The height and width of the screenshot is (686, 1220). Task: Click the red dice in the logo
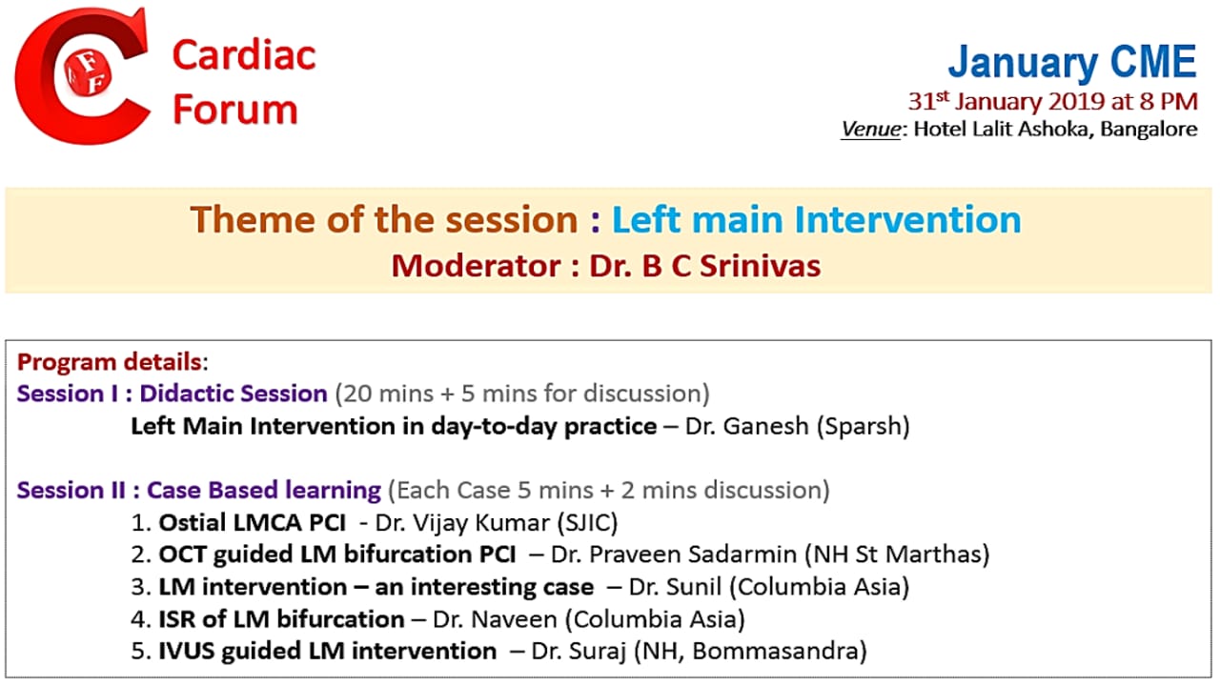(88, 74)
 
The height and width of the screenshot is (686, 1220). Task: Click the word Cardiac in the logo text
(244, 55)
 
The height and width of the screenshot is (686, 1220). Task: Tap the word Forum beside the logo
(235, 110)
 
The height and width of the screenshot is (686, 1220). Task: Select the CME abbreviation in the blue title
(1153, 61)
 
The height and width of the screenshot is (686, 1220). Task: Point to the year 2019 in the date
(1078, 102)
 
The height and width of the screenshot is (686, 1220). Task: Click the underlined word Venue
(870, 129)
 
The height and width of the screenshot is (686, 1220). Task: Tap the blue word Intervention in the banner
(907, 219)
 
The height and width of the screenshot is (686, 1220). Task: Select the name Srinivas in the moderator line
(760, 266)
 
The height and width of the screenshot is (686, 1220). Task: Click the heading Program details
(110, 362)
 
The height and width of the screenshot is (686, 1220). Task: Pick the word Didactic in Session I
(186, 393)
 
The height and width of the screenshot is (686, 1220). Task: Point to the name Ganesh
(766, 426)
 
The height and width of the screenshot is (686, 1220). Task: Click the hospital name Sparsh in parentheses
(864, 426)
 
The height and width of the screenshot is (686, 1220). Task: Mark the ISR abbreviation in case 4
(177, 619)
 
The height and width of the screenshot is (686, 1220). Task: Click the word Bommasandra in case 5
(775, 651)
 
